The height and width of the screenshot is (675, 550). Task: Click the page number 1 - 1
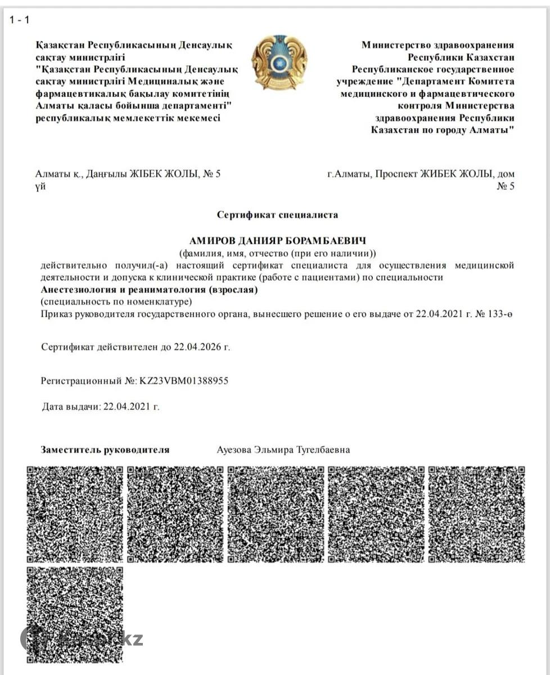19,20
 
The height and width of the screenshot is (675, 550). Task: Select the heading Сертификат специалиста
277,214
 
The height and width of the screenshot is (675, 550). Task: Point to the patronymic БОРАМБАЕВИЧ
328,241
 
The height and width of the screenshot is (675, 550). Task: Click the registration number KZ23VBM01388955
183,381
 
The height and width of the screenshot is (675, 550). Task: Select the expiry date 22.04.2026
195,346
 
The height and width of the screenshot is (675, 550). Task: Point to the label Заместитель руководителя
105,449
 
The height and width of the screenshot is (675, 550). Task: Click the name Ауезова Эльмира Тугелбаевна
283,449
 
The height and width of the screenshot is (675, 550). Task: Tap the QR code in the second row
74,614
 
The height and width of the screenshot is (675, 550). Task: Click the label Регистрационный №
88,381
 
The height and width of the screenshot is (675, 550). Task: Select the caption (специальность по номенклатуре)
112,302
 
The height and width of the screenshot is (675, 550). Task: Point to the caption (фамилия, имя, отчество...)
277,253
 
